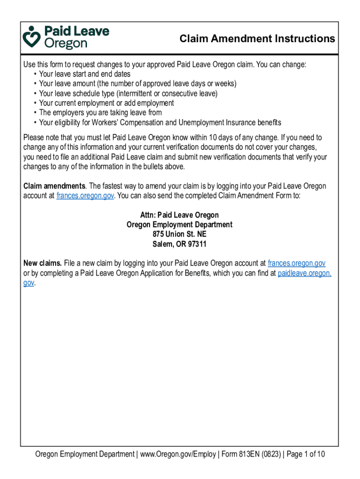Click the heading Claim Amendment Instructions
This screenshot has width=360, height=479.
(x=257, y=39)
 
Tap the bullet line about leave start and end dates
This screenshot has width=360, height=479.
(x=85, y=74)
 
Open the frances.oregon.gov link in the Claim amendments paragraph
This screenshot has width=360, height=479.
(x=85, y=196)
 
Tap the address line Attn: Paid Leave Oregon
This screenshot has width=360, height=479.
(x=180, y=215)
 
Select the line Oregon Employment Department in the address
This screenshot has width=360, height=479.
(x=180, y=225)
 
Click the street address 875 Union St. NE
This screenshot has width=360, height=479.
(x=180, y=234)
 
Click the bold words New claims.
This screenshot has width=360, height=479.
(x=43, y=263)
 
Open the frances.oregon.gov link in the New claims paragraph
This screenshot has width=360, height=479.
(x=296, y=263)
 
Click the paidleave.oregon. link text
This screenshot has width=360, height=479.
(x=304, y=273)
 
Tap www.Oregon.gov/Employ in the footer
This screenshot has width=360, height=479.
(x=178, y=454)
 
